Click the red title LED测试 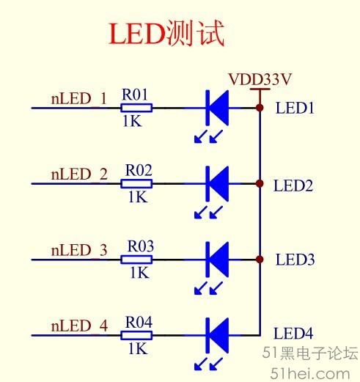(x=166, y=33)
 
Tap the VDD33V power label (x=260, y=79)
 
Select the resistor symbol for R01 (x=136, y=108)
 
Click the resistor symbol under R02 (x=136, y=183)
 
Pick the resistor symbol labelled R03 (x=136, y=260)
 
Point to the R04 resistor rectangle (x=136, y=335)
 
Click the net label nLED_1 (x=79, y=99)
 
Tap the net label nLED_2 (x=79, y=175)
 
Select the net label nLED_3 (x=79, y=250)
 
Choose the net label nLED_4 (x=79, y=326)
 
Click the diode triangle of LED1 (x=219, y=108)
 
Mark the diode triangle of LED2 (x=219, y=183)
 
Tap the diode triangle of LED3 (x=219, y=260)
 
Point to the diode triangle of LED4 (x=219, y=335)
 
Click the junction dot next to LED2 (x=260, y=183)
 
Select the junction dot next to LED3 (x=260, y=260)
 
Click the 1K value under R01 (x=132, y=121)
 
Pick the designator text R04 (x=139, y=322)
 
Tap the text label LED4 (x=293, y=334)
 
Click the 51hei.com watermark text (x=310, y=374)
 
